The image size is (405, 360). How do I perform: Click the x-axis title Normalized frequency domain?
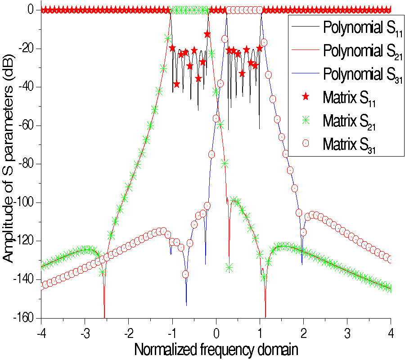(x=216, y=348)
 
